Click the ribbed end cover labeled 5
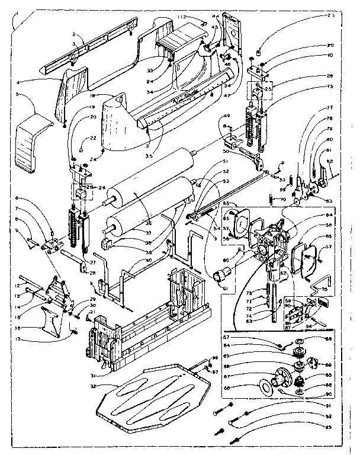(x=31, y=142)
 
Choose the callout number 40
(x=148, y=259)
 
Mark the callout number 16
(x=18, y=326)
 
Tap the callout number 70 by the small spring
(x=284, y=200)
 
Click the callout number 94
(x=324, y=325)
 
